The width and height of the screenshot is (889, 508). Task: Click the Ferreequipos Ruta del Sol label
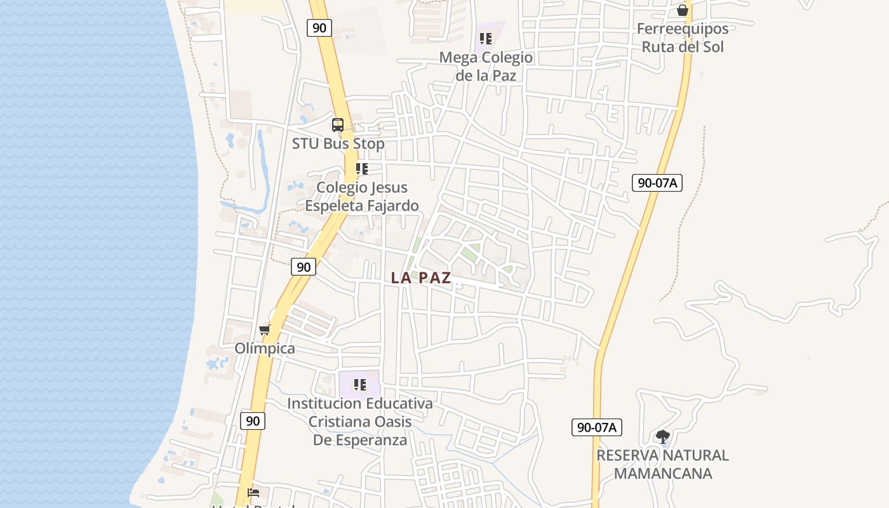click(683, 37)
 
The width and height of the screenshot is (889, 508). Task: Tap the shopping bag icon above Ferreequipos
click(683, 10)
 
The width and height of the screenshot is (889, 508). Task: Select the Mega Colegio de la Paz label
click(486, 66)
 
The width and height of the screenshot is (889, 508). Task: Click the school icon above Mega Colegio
click(486, 38)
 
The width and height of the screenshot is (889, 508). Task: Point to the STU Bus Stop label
click(338, 144)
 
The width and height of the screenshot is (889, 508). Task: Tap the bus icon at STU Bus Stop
click(338, 125)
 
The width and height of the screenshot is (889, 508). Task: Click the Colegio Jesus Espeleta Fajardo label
click(362, 196)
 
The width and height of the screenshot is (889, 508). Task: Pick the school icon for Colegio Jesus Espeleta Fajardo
click(362, 169)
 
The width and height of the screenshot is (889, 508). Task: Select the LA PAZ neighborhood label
click(421, 277)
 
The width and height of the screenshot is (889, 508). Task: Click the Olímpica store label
click(265, 349)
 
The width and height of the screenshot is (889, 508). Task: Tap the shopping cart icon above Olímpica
click(265, 330)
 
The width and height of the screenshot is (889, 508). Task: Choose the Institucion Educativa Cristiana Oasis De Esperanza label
click(360, 421)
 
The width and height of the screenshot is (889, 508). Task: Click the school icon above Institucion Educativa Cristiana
click(360, 384)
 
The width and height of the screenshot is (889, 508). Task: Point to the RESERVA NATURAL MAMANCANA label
click(662, 464)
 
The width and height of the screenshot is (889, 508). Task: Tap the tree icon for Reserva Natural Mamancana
click(662, 437)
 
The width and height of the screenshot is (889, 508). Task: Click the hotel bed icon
click(253, 492)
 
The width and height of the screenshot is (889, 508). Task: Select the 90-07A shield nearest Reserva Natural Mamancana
click(596, 427)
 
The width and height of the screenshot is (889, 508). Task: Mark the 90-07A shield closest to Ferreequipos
click(657, 183)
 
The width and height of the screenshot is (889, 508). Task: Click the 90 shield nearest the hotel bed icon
click(253, 420)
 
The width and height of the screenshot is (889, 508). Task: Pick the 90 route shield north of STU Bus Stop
click(319, 28)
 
